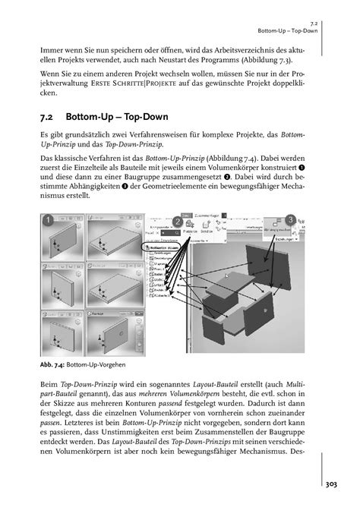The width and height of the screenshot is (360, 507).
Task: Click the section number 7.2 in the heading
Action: (49, 118)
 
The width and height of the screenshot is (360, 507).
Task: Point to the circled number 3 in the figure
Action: (291, 220)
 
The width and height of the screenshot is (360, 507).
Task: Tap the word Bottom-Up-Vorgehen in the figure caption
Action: (93, 364)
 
